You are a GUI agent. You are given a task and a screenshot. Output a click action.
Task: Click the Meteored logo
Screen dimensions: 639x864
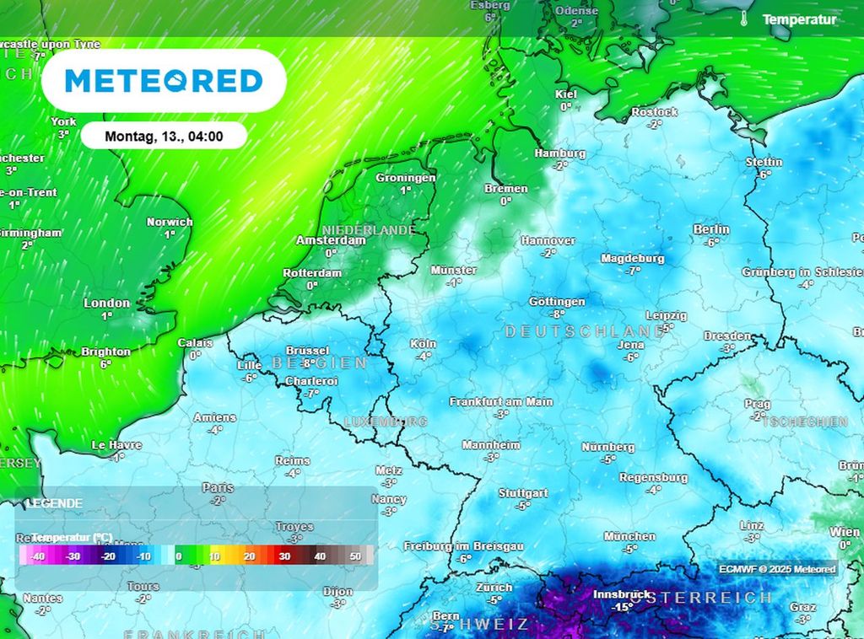164,81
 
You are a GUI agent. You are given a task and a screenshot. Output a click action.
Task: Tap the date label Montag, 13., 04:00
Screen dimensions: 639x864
164,136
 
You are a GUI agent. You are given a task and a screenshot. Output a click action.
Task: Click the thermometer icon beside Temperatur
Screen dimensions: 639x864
745,19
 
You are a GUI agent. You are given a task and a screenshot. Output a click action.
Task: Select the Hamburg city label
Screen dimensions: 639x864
559,153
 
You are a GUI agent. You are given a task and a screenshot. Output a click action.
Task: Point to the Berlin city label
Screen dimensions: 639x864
710,229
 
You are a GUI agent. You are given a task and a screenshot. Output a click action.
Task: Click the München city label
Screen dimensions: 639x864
629,536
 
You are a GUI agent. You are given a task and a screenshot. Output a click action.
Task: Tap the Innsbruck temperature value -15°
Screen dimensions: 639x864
623,607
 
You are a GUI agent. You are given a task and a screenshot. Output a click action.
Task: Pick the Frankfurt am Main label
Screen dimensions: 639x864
501,401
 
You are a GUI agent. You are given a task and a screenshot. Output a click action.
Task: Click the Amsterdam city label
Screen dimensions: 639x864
331,240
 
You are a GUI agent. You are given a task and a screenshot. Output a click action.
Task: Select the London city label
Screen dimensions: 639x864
106,303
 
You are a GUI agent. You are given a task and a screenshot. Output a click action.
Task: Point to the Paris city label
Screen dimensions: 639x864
218,487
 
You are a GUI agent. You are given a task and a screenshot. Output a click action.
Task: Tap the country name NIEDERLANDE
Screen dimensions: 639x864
368,229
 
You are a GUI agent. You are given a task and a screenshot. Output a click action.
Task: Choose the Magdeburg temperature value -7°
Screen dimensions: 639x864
633,271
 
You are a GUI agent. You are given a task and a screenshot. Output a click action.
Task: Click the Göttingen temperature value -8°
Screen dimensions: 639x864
557,314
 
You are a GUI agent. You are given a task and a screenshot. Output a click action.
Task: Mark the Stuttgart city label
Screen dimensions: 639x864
523,493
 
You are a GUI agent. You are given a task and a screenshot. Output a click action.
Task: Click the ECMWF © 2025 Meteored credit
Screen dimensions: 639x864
777,569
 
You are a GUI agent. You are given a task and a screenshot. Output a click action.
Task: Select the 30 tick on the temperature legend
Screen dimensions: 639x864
284,556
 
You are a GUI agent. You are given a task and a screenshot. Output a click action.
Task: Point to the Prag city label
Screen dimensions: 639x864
758,404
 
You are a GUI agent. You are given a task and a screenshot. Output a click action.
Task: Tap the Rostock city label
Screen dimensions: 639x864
654,112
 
